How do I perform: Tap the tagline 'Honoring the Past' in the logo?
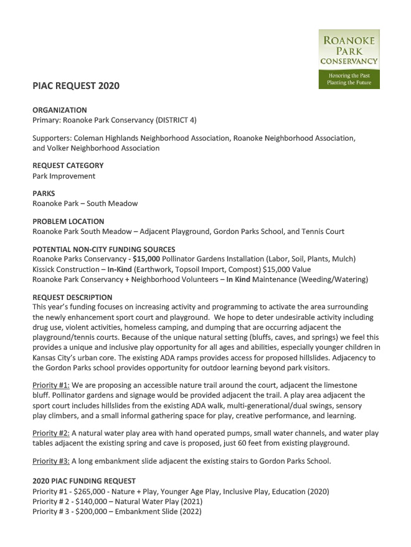pos(349,75)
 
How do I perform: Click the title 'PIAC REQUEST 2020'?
pos(76,86)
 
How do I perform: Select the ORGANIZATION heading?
pos(60,110)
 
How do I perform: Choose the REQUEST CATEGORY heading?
pos(68,166)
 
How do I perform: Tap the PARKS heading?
pos(44,194)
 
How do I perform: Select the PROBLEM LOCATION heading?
pos(68,222)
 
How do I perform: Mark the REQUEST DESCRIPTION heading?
pos(72,297)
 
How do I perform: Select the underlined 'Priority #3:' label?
pos(50,461)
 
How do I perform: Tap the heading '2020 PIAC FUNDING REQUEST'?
pos(83,481)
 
